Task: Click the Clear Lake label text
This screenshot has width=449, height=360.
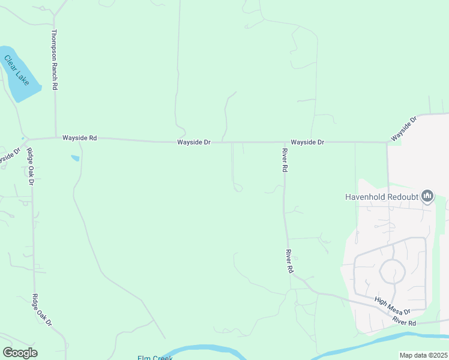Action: pyautogui.click(x=17, y=69)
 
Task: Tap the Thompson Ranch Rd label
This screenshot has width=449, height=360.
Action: pyautogui.click(x=54, y=60)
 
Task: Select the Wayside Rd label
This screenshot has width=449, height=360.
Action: pyautogui.click(x=79, y=138)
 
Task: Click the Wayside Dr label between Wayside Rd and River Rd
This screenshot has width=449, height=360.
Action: pyautogui.click(x=193, y=142)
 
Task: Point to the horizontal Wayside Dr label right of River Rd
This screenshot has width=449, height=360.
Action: pyautogui.click(x=307, y=142)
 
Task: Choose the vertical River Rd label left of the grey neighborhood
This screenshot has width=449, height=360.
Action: pyautogui.click(x=289, y=262)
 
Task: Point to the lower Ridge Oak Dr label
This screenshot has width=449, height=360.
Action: pyautogui.click(x=42, y=310)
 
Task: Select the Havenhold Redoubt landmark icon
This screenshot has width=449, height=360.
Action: pyautogui.click(x=427, y=196)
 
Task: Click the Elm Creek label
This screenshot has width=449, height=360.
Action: pyautogui.click(x=155, y=358)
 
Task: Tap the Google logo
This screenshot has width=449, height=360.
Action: pyautogui.click(x=20, y=352)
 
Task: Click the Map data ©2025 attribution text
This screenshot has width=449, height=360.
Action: pyautogui.click(x=423, y=355)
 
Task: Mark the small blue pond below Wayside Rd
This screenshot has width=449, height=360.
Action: pyautogui.click(x=75, y=158)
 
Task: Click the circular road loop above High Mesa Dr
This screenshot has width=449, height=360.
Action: pyautogui.click(x=393, y=272)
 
